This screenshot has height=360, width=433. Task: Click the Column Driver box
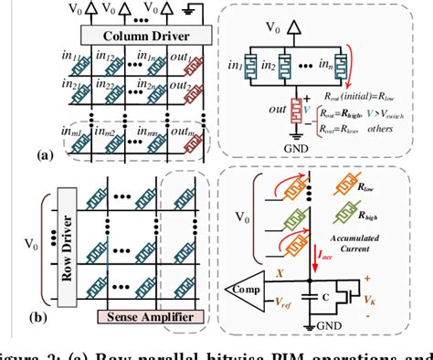tap(125, 37)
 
